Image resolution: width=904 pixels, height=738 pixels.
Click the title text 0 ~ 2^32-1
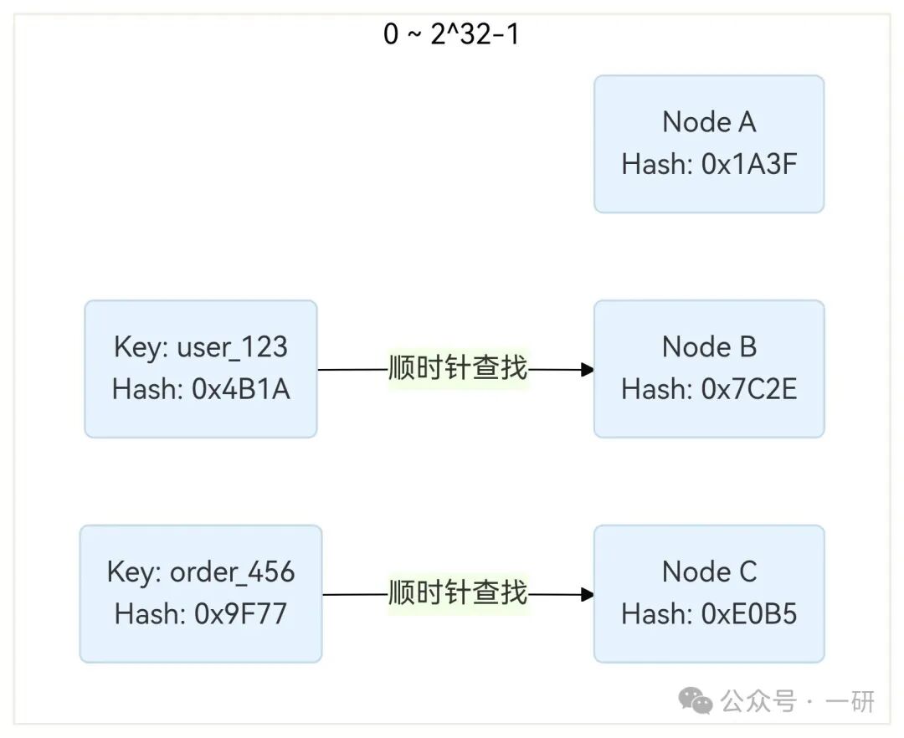point(451,35)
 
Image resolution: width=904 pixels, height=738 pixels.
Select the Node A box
point(709,144)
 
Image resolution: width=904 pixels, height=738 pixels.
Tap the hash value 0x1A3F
point(749,165)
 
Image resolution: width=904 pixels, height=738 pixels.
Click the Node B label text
point(709,346)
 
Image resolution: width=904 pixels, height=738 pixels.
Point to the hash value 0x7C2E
point(749,389)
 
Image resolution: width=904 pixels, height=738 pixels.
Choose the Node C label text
point(709,572)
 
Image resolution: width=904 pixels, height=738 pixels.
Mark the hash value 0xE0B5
point(749,615)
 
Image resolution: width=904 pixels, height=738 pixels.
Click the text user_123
point(233,347)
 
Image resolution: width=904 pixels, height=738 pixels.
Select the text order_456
point(233,572)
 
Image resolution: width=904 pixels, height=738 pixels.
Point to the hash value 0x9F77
point(242,615)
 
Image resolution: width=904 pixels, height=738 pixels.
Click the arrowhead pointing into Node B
point(588,369)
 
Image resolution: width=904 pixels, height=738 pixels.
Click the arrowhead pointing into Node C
point(588,595)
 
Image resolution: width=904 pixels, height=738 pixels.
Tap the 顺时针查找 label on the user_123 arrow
point(458,368)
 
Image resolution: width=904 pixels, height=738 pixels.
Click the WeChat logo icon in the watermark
point(696,700)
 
